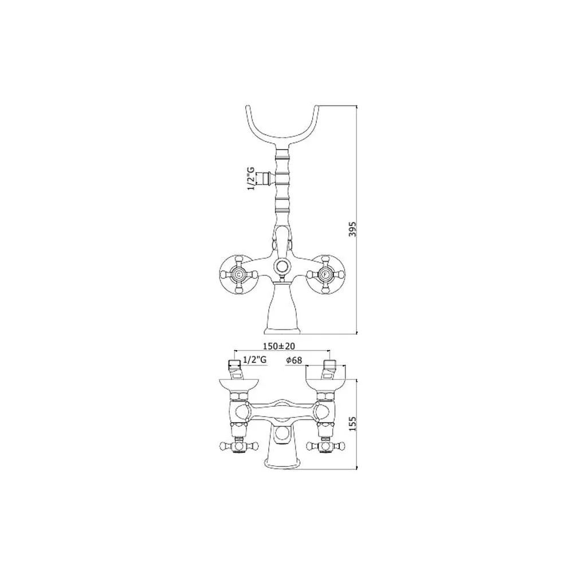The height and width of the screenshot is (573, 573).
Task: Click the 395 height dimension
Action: pos(352,229)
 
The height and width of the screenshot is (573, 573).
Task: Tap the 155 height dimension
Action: pos(352,423)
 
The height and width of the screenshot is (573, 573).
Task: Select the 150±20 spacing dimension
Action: pos(279,346)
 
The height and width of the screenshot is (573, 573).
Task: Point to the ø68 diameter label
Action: pos(294,360)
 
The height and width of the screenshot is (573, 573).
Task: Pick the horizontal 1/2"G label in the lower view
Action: pos(255,360)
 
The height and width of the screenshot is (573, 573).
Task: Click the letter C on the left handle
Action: pos(238,274)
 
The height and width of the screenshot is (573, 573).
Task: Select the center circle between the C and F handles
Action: pos(282,266)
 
